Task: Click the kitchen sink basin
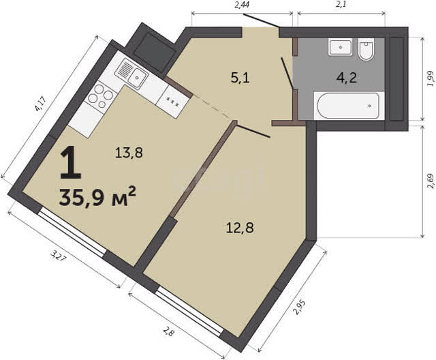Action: click(x=137, y=77)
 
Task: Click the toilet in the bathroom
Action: click(x=367, y=50)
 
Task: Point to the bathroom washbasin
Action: click(x=341, y=47)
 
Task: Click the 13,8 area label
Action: click(x=129, y=153)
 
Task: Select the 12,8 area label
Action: click(x=240, y=228)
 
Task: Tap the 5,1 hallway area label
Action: click(x=240, y=78)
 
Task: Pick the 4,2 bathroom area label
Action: click(x=347, y=78)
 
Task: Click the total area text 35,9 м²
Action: click(x=97, y=197)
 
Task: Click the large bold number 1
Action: click(x=71, y=164)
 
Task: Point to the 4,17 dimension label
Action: click(x=40, y=103)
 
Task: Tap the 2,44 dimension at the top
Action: click(x=241, y=5)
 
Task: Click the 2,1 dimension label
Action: click(x=341, y=5)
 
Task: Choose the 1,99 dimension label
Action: click(x=431, y=79)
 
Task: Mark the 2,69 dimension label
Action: click(x=431, y=181)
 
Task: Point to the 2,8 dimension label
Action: click(x=168, y=332)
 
